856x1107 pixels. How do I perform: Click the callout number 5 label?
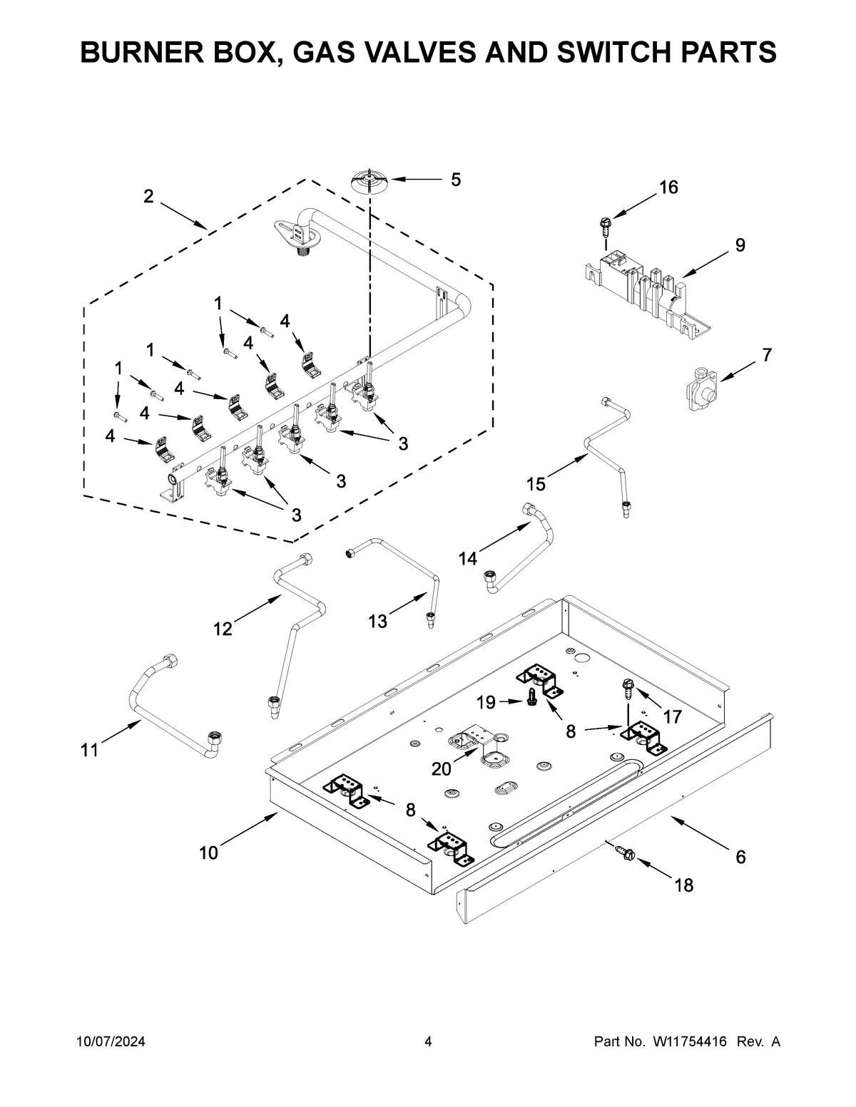455,180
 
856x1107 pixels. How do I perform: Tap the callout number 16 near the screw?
668,187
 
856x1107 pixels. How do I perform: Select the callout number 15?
536,485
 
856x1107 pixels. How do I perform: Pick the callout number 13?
377,622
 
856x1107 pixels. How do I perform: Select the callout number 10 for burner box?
208,853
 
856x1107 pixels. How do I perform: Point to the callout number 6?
740,857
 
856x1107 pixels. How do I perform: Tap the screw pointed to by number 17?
626,687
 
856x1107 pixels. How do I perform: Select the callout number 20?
442,768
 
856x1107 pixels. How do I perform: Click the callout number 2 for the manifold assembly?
148,197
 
